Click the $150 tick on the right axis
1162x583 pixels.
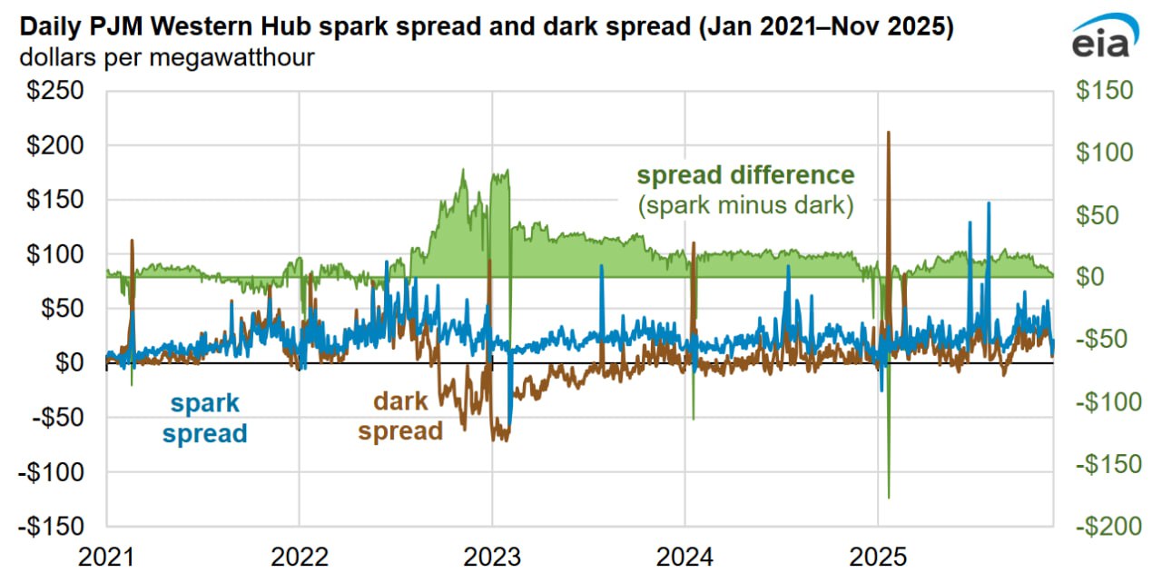point(1104,91)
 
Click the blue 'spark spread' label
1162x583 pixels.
point(204,418)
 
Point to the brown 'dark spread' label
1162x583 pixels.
point(400,416)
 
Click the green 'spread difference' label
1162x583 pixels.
point(745,174)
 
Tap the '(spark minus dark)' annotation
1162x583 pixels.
point(745,205)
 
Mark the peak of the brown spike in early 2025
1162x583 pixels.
point(888,133)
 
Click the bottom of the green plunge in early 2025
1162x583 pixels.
point(889,497)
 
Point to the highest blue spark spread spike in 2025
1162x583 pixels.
point(988,203)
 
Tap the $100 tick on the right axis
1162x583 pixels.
point(1104,153)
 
